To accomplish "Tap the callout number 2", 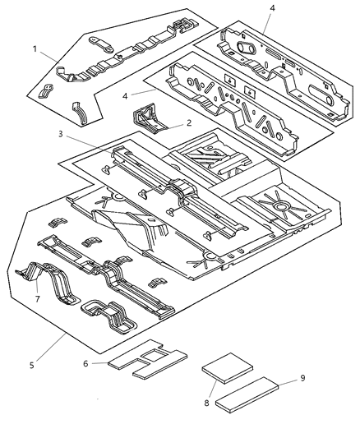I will pyautogui.click(x=190, y=122).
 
